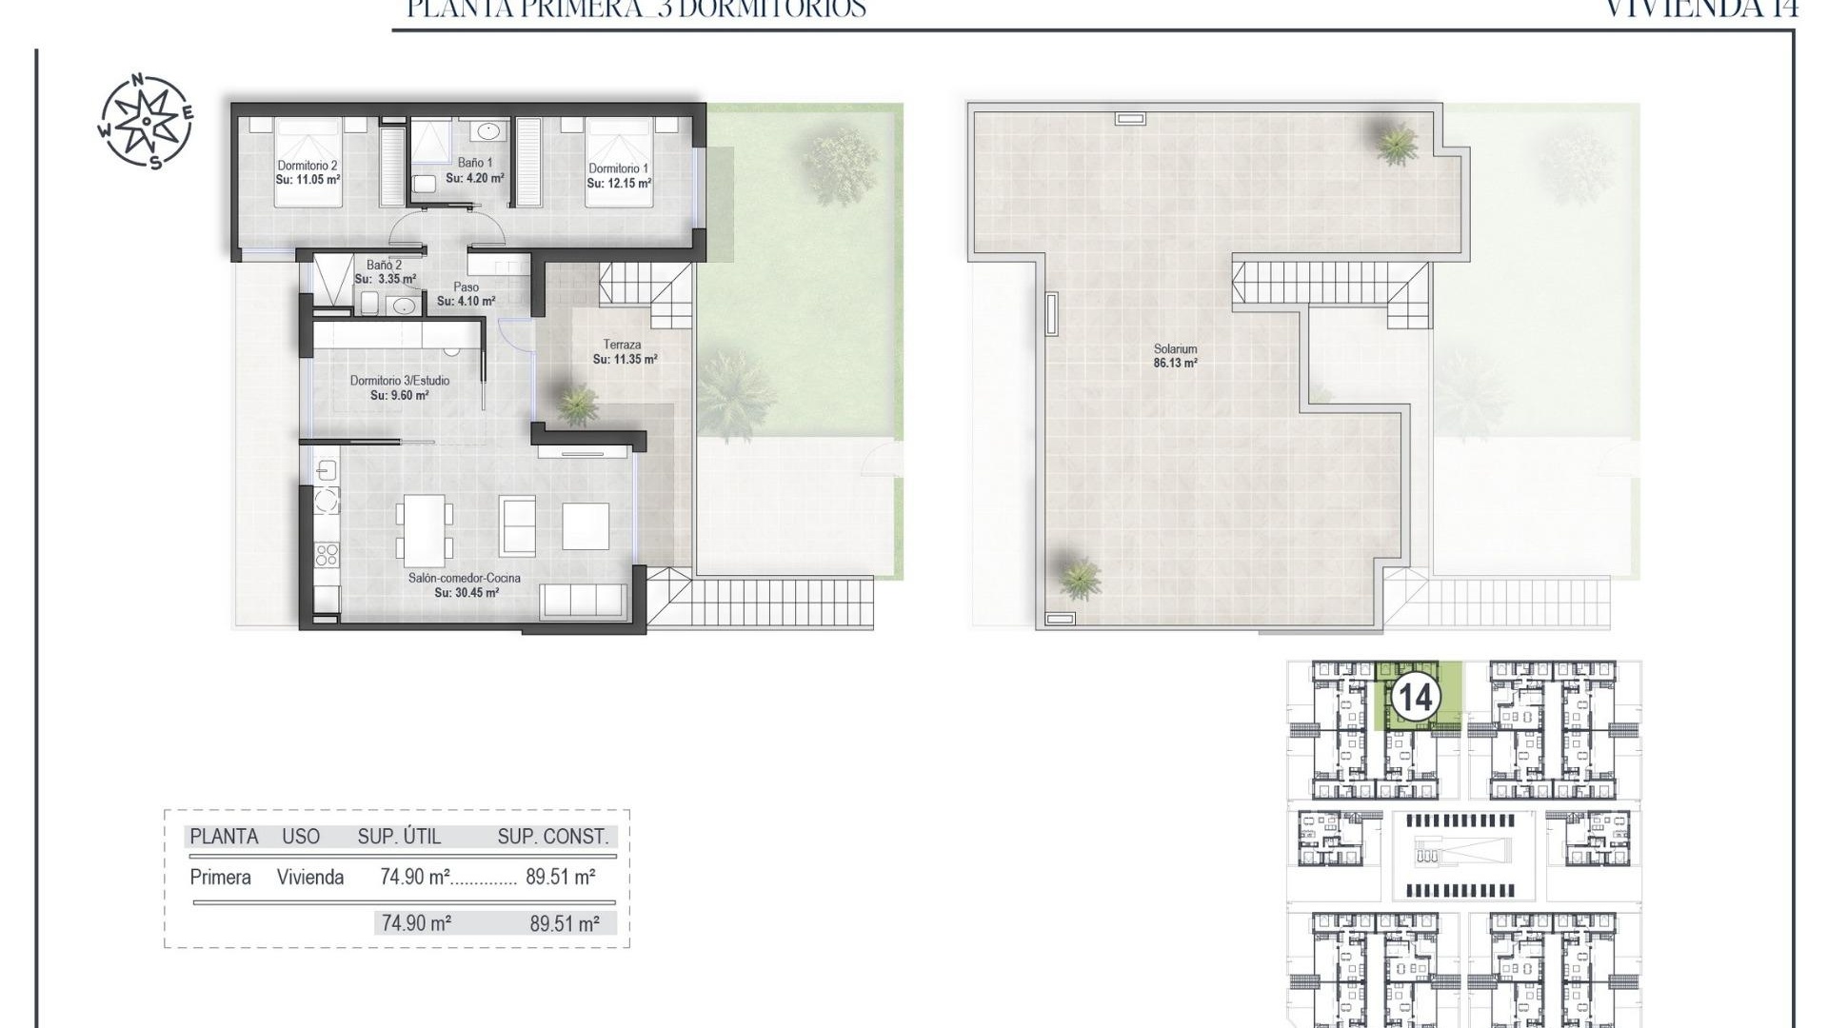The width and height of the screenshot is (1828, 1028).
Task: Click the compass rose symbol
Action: (x=146, y=122)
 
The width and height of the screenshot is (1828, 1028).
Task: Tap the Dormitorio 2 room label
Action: (x=308, y=166)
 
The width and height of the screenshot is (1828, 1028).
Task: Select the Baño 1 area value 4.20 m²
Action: (x=474, y=178)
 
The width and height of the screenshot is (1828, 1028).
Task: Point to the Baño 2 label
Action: (x=384, y=265)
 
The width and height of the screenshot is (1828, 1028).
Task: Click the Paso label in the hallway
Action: (x=466, y=287)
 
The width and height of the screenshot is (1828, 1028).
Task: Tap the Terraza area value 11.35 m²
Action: (x=625, y=360)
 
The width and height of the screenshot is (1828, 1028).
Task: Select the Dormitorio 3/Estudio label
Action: (x=399, y=381)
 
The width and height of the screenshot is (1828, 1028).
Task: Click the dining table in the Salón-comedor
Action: (x=425, y=527)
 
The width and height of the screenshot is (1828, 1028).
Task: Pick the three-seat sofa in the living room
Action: (x=581, y=600)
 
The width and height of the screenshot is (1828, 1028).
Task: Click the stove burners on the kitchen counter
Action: (x=327, y=553)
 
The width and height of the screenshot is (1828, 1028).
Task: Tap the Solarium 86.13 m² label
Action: (x=1175, y=356)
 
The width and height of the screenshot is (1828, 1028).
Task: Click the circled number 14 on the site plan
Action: (x=1414, y=699)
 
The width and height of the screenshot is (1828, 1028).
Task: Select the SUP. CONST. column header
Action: (x=552, y=837)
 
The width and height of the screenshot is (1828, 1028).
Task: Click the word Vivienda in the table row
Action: (x=310, y=878)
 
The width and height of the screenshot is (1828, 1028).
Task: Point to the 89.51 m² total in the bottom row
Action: (x=564, y=923)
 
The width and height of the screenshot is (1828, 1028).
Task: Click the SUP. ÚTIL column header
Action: (x=399, y=837)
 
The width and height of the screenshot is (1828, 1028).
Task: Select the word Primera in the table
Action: (x=220, y=878)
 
